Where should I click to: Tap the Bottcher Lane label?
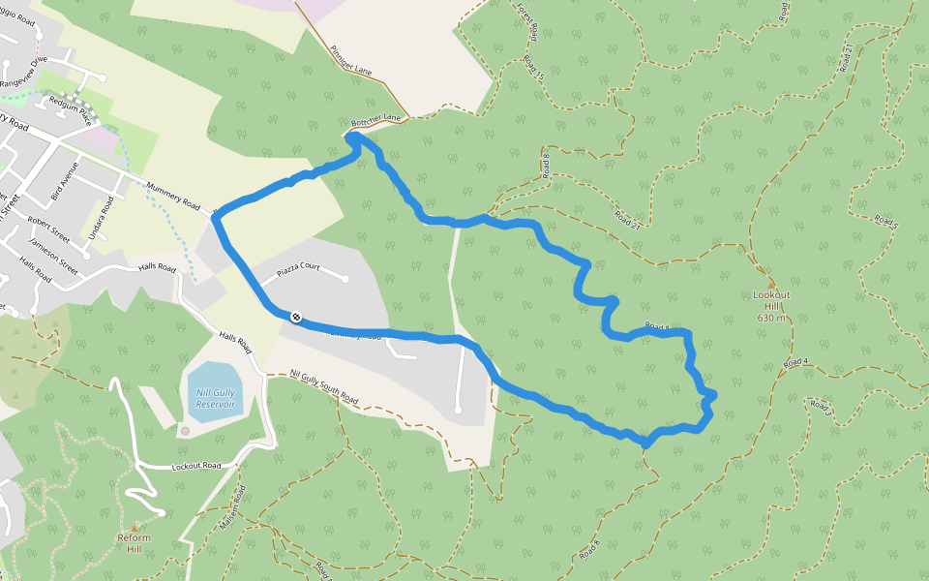(x=376, y=121)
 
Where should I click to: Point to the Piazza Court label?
(x=298, y=267)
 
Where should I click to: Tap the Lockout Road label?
(x=196, y=466)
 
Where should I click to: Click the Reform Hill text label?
(x=135, y=543)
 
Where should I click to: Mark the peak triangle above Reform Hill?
(x=135, y=528)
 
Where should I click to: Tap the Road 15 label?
(x=534, y=67)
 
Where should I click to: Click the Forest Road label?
(x=527, y=24)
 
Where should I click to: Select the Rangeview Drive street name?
(x=24, y=73)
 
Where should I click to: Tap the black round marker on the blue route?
(x=295, y=317)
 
